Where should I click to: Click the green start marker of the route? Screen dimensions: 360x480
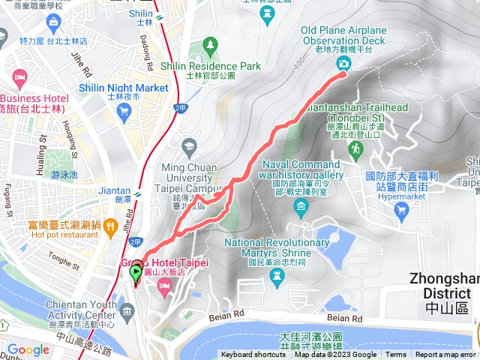136,273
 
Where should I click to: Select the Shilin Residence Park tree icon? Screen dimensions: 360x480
210,45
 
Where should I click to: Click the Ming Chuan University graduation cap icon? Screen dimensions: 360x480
188,145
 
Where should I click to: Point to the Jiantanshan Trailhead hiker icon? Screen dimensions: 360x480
355,150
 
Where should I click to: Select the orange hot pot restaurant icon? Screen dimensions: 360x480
110,225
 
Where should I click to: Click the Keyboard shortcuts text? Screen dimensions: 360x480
253,355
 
